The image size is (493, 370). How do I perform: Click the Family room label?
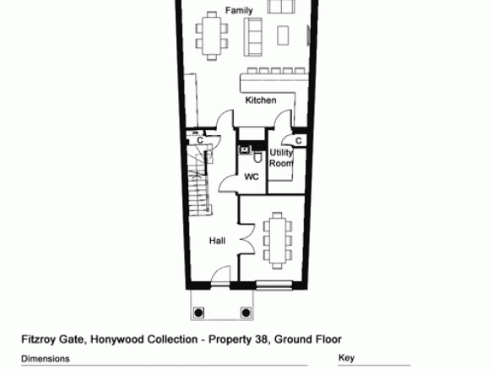tap(239, 10)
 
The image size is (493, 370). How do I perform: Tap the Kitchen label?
tap(261, 100)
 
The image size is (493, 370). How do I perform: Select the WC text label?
tap(252, 177)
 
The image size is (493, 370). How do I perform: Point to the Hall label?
tap(217, 241)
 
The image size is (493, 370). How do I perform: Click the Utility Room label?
tap(281, 158)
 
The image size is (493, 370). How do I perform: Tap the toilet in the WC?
tap(257, 156)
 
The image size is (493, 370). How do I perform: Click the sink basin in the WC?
tap(245, 150)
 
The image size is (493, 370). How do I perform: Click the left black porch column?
tap(198, 313)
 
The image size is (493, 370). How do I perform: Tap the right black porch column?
tap(246, 313)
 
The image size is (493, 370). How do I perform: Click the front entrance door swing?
tap(220, 275)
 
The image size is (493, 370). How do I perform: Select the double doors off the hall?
tap(247, 239)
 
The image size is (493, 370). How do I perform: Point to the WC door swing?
tap(227, 183)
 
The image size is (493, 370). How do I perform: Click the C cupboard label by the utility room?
tap(299, 140)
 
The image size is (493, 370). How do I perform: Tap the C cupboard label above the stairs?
tap(200, 139)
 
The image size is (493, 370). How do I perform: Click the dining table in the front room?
tap(278, 241)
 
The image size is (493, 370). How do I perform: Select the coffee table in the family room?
tap(283, 35)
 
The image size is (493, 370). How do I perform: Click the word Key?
tap(346, 358)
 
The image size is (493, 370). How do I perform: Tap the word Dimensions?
tap(46, 359)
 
